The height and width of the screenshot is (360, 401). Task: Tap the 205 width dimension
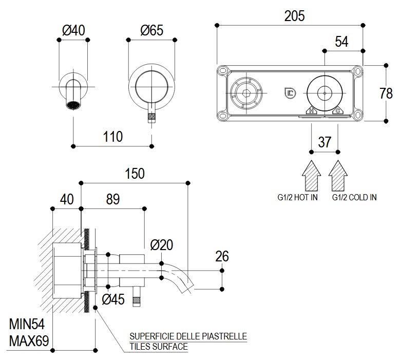pos(294,16)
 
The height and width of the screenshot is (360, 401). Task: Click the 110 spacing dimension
pos(113,137)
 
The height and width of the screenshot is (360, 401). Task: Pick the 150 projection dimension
pos(135,174)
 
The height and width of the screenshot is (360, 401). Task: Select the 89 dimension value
pos(112,199)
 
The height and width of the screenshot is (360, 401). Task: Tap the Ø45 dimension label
pos(113,299)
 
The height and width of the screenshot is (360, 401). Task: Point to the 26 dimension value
pos(222,256)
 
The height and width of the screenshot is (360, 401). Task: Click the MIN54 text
pos(27,324)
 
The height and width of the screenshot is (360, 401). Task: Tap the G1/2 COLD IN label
pos(354,197)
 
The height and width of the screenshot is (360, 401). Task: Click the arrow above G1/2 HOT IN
pos(311,175)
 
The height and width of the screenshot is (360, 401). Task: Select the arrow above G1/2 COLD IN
pos(337,175)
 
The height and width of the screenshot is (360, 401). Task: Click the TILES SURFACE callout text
pos(159,347)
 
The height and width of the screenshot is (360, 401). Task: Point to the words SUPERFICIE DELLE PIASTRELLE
pos(188,336)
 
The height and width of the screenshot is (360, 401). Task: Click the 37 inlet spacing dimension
pos(324,142)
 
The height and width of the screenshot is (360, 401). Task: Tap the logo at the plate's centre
pos(289,93)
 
